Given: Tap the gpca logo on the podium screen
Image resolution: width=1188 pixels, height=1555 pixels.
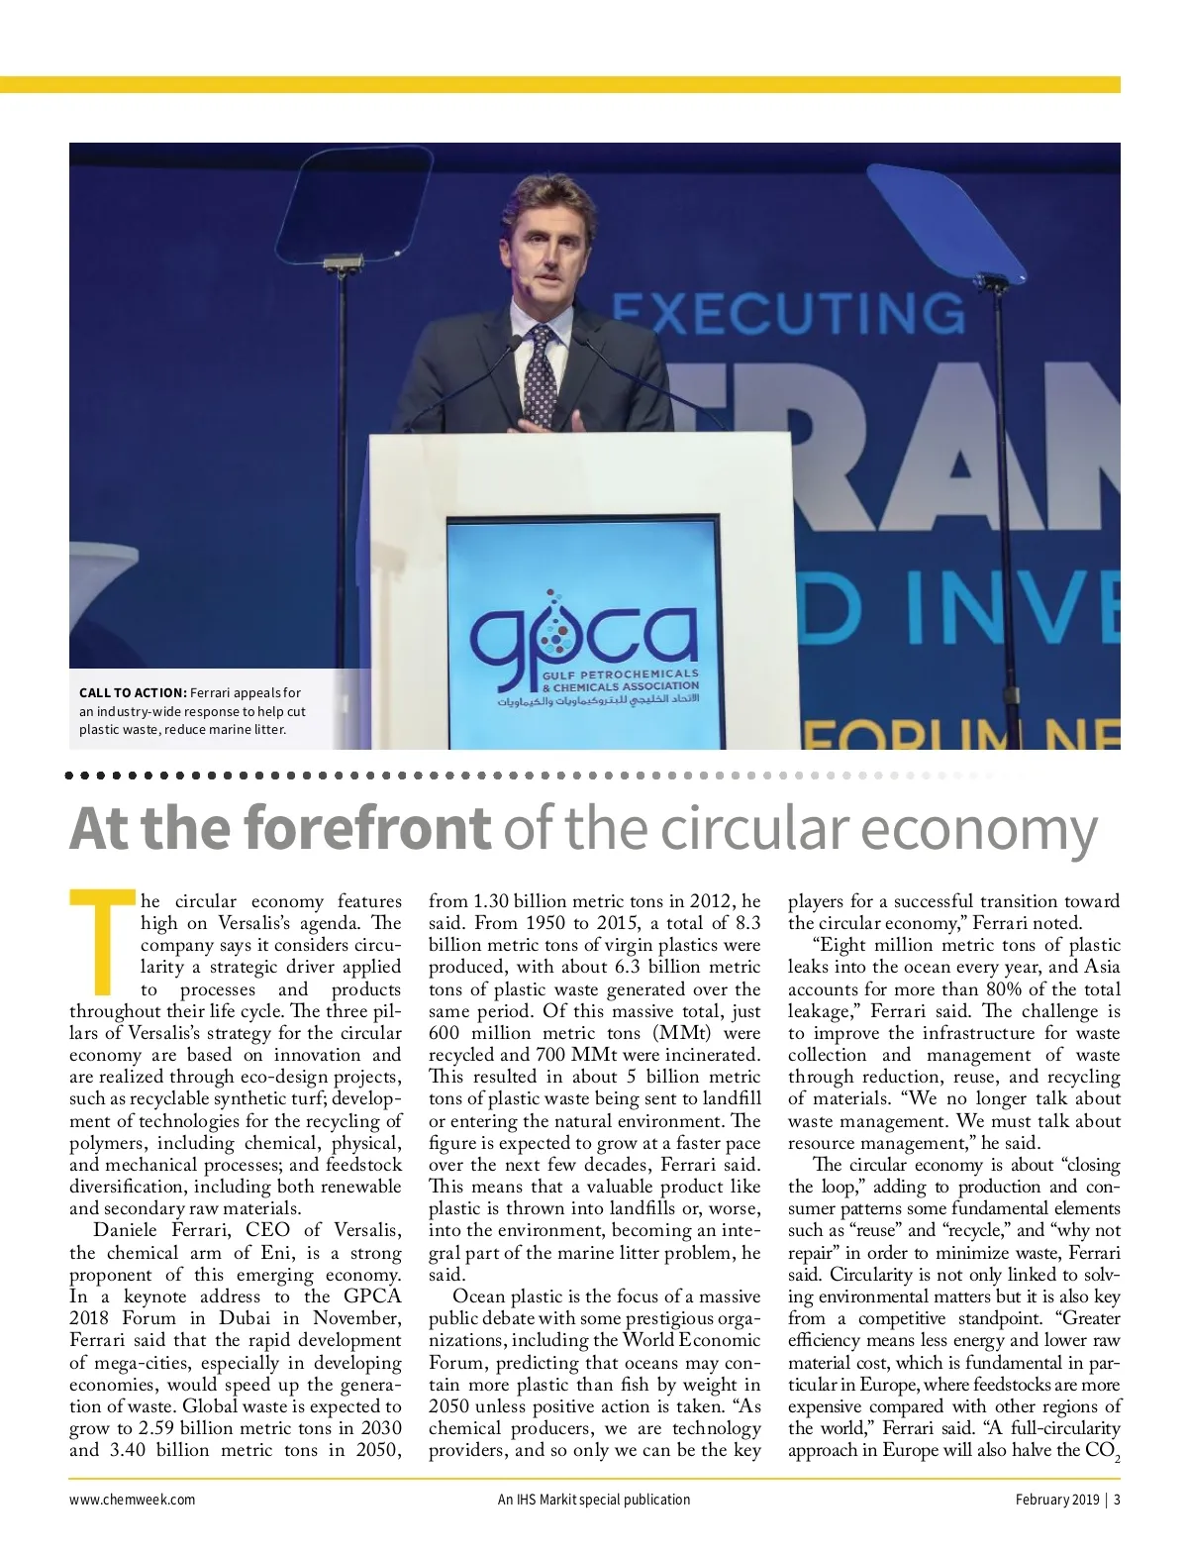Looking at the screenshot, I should pos(583,639).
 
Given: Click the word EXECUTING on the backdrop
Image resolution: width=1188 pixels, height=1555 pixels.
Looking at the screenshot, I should pos(788,314).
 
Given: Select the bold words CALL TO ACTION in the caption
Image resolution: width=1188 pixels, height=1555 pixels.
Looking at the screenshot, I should pos(133,693).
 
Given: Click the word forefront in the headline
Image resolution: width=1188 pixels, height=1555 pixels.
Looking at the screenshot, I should pos(365,829).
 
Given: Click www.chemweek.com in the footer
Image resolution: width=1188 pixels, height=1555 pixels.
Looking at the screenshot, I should pos(132,1500).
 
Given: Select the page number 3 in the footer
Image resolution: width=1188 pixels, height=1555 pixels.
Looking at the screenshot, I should pos(1117,1500).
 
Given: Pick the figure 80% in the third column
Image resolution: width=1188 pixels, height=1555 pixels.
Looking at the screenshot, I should pos(1000,989).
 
